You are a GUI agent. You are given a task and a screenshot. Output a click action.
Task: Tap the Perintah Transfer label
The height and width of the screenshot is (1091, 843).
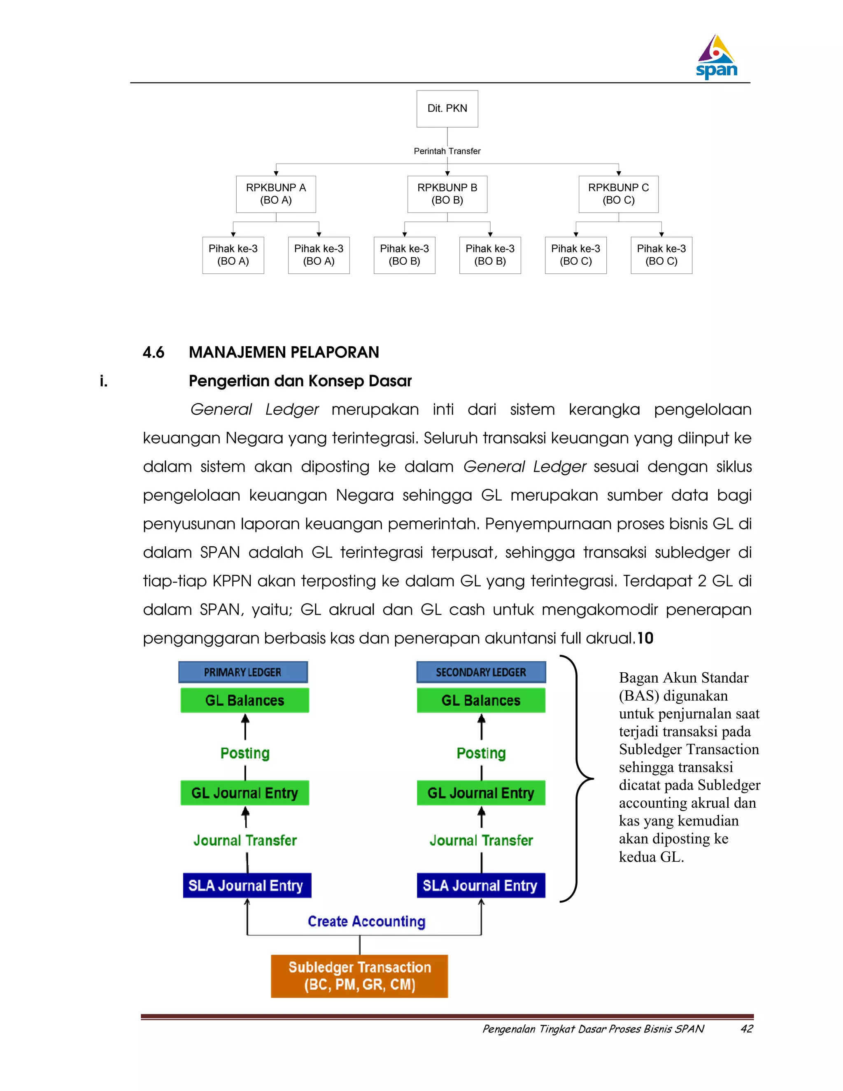pyautogui.click(x=447, y=151)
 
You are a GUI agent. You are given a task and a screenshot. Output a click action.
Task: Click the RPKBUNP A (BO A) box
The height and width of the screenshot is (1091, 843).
pyautogui.click(x=276, y=194)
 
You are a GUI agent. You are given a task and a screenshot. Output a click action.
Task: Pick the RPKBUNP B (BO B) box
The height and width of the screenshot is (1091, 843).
pyautogui.click(x=447, y=194)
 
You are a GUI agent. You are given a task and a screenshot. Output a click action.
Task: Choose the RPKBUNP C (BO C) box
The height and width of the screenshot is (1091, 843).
pyautogui.click(x=618, y=194)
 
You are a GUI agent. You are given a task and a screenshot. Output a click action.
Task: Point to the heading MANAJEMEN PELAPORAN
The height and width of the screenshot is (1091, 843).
pyautogui.click(x=284, y=353)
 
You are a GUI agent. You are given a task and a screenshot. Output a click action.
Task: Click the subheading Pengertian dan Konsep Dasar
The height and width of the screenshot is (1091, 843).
pyautogui.click(x=300, y=381)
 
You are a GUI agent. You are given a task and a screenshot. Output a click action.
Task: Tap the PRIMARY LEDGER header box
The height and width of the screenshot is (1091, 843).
pyautogui.click(x=243, y=672)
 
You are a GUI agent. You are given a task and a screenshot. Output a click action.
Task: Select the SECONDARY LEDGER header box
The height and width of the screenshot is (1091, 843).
pyautogui.click(x=481, y=672)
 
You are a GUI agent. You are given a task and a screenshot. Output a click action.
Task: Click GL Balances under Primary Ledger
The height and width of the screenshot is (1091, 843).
pyautogui.click(x=245, y=700)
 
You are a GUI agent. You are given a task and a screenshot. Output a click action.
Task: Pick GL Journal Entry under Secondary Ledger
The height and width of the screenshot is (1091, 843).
pyautogui.click(x=481, y=793)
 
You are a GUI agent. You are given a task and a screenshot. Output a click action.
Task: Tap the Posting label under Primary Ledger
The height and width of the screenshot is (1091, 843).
pyautogui.click(x=245, y=753)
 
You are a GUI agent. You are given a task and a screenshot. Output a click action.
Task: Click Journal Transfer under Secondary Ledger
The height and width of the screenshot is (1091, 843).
pyautogui.click(x=481, y=840)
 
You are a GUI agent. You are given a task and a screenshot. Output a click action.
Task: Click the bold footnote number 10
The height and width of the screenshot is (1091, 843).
pyautogui.click(x=645, y=639)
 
